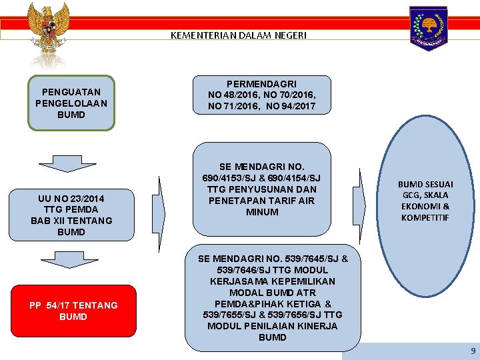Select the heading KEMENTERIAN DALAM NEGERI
(x=239, y=35)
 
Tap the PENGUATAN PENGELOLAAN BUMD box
(x=71, y=103)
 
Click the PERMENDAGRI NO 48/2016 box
(x=262, y=95)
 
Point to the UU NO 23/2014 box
(x=71, y=215)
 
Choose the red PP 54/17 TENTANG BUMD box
(x=73, y=311)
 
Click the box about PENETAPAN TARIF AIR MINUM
(x=262, y=189)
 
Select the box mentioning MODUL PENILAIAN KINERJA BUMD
(x=273, y=297)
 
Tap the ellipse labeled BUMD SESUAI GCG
(x=424, y=200)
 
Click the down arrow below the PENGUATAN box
(x=67, y=163)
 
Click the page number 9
(x=473, y=351)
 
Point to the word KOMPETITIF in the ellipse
(x=425, y=217)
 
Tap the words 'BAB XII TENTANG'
(x=71, y=221)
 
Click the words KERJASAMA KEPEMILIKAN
(x=273, y=281)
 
